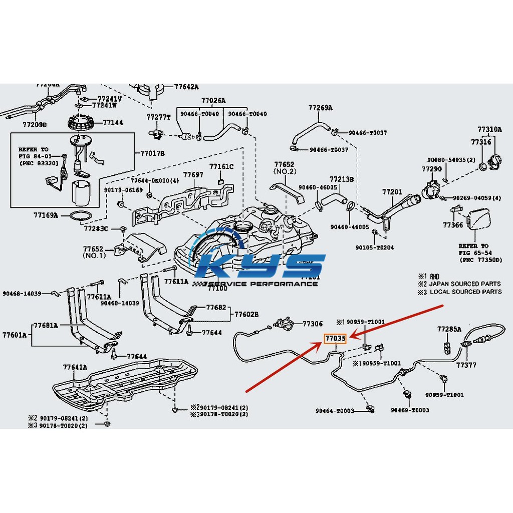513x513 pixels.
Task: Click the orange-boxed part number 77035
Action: click(x=335, y=339)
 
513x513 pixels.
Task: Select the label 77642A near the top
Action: click(x=186, y=86)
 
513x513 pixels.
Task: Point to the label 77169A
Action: click(x=46, y=215)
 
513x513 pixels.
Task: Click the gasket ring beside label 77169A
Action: click(x=80, y=216)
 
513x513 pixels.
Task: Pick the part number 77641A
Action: click(x=75, y=367)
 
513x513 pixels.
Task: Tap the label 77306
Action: click(x=313, y=324)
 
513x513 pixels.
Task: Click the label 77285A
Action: click(x=449, y=329)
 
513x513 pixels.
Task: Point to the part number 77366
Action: click(x=453, y=225)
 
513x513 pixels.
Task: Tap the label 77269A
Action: click(x=321, y=107)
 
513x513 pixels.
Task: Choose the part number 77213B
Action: click(x=342, y=179)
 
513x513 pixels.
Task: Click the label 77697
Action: click(x=193, y=175)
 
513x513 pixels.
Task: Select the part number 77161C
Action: click(x=221, y=166)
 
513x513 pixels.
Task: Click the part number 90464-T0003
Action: click(x=335, y=411)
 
